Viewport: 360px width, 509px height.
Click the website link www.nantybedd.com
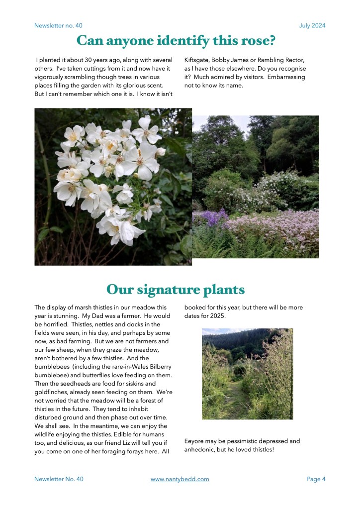pos(180,479)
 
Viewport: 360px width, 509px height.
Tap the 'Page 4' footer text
pos(316,479)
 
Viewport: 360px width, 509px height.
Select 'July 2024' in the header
pos(312,25)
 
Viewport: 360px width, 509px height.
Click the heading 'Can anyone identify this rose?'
pos(176,40)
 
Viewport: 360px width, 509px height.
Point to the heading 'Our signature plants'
pos(176,289)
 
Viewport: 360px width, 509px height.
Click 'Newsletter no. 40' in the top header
pos(59,25)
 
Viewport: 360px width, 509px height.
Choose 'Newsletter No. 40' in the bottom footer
pos(59,479)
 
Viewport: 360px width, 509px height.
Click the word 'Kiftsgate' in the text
pos(197,60)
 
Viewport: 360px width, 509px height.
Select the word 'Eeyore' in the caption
pos(194,441)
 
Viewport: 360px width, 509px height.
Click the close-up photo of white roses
pos(113,187)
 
